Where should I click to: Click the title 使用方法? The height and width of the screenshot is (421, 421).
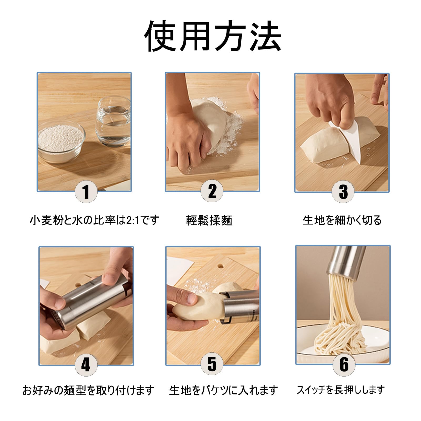(x=213, y=36)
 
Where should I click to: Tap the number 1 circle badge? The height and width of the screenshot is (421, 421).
(x=86, y=192)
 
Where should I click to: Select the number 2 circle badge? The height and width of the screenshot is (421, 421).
(x=212, y=191)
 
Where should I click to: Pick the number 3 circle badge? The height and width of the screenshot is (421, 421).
(x=343, y=192)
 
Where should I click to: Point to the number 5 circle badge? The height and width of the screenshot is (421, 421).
(x=212, y=364)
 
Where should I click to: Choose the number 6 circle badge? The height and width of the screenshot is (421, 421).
(x=344, y=365)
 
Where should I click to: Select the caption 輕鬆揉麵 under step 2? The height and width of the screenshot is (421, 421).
(x=209, y=220)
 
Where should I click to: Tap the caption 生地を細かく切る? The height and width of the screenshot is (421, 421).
(x=342, y=220)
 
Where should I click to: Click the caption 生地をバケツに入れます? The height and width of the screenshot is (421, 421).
(x=223, y=390)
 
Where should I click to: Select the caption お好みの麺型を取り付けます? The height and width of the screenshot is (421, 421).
(x=88, y=390)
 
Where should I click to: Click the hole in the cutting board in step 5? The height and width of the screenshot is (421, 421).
(x=220, y=266)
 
